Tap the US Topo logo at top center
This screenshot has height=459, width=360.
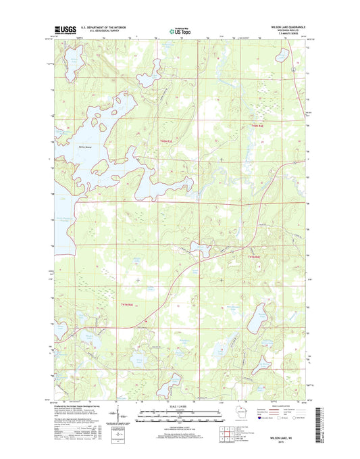click(178, 30)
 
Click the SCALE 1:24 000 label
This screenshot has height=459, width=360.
click(178, 407)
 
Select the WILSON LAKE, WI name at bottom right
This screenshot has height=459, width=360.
click(288, 439)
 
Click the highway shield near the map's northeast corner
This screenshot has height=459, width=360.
click(292, 69)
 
